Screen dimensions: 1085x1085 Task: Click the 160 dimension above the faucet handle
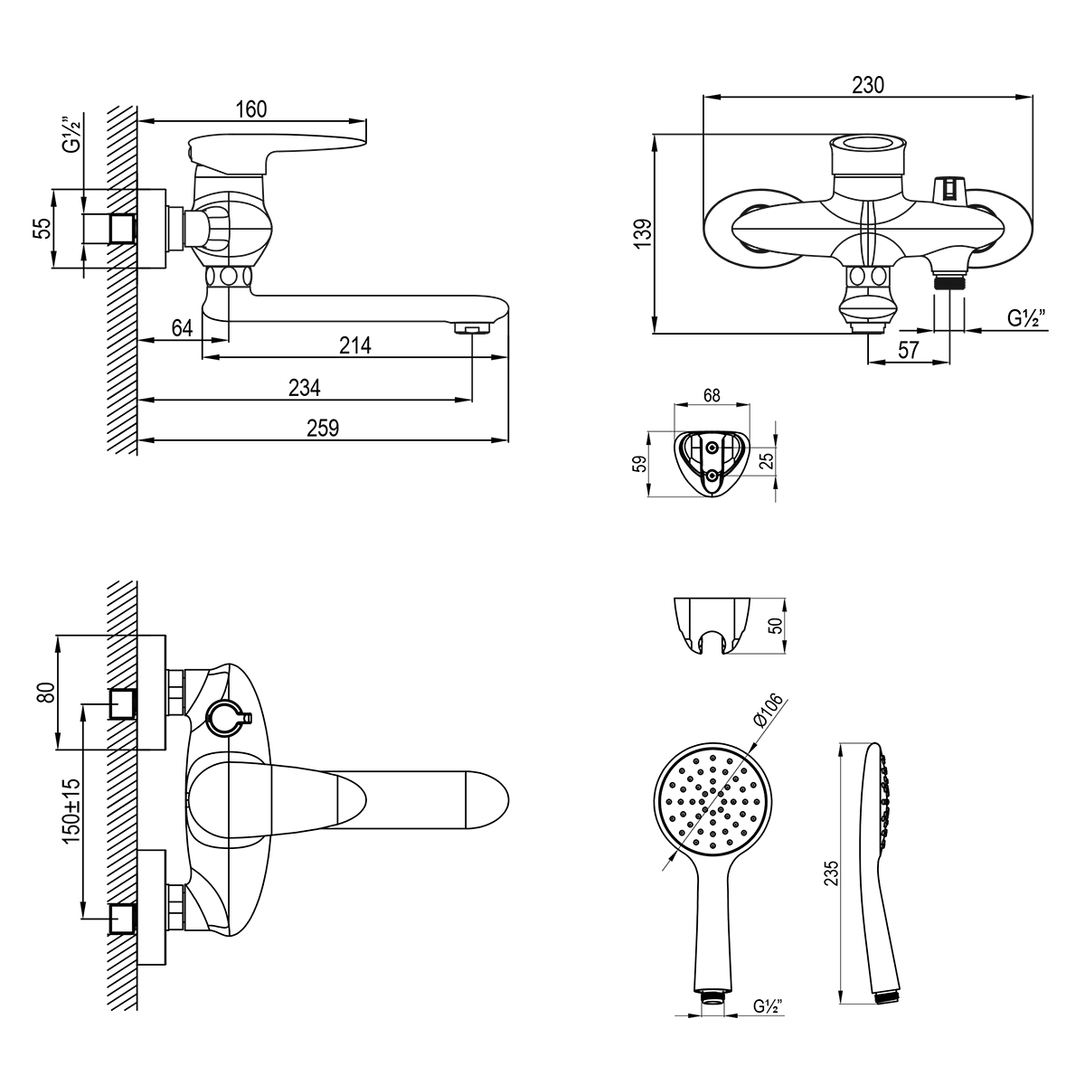(x=251, y=109)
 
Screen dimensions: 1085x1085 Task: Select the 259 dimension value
(x=323, y=429)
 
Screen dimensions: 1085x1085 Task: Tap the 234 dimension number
(x=304, y=387)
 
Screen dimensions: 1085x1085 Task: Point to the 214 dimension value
(x=354, y=345)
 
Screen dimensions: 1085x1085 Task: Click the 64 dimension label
(x=182, y=327)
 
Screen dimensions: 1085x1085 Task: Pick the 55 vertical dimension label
(x=43, y=228)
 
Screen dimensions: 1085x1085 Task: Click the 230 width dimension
(x=868, y=85)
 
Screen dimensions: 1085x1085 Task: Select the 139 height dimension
(x=643, y=232)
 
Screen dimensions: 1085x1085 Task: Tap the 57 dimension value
(x=908, y=350)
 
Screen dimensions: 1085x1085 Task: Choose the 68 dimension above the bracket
(x=712, y=395)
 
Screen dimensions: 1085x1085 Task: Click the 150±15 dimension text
(x=71, y=811)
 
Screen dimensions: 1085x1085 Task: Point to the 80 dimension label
(x=46, y=692)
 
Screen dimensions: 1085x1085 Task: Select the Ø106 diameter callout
(x=768, y=711)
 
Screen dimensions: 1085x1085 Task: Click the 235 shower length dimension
(x=831, y=873)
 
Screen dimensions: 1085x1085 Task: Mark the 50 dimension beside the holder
(x=777, y=626)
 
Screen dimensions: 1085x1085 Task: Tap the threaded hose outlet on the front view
(x=949, y=281)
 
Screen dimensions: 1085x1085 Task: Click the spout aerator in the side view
(x=468, y=327)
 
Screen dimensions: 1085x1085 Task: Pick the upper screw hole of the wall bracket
(x=712, y=448)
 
